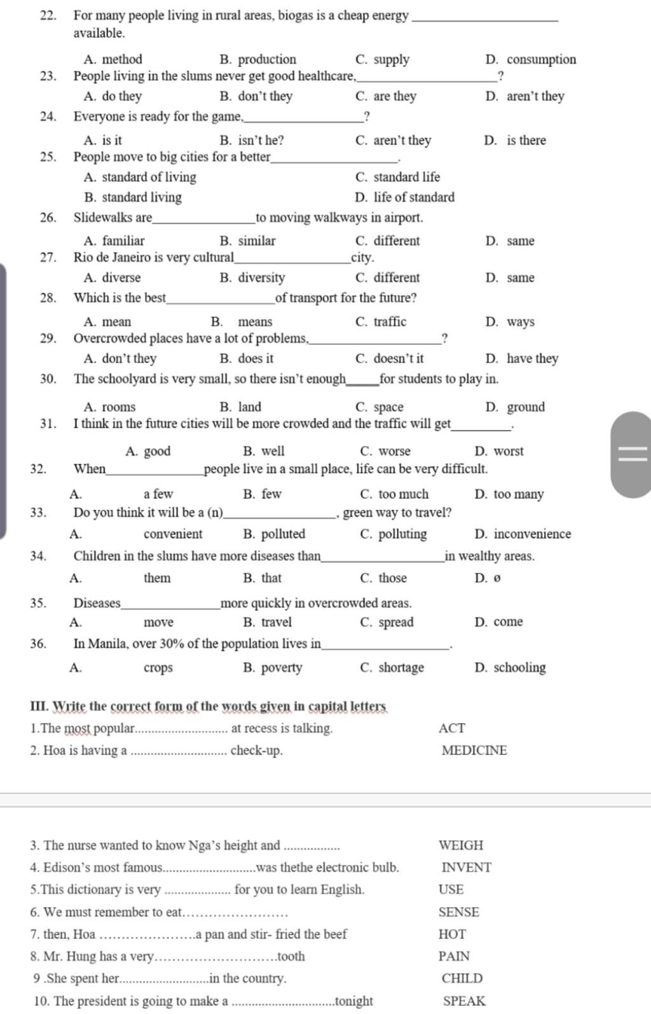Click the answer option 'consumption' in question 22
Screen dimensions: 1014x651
[541, 60]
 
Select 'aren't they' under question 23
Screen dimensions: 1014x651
[535, 97]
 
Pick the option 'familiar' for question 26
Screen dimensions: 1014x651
[123, 241]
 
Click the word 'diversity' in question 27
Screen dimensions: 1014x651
[261, 278]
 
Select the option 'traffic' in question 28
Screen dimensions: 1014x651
[390, 322]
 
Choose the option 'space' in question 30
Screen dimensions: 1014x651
[388, 407]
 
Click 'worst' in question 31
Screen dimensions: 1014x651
[509, 452]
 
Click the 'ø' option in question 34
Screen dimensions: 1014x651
[497, 578]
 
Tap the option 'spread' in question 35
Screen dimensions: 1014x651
[395, 622]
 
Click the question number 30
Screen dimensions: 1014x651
[48, 379]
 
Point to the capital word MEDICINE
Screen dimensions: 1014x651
[474, 751]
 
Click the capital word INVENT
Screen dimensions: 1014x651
[466, 868]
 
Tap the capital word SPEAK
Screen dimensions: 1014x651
[464, 1001]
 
